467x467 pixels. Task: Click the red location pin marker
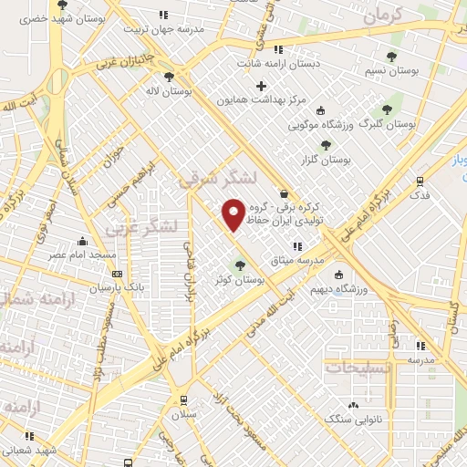tap(233, 214)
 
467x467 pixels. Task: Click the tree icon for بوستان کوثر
tap(240, 265)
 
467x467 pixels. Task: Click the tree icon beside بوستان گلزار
tap(326, 144)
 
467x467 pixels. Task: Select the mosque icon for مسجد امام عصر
tap(83, 242)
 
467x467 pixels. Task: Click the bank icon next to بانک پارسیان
tap(116, 273)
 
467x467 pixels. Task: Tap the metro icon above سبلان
tap(184, 400)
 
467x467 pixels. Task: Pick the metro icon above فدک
tap(420, 181)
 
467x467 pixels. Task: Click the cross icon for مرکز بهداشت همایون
tap(262, 85)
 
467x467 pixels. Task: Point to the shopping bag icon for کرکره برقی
tap(284, 193)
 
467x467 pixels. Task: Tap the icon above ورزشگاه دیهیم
tap(339, 275)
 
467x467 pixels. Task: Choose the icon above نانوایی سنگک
tap(352, 404)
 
